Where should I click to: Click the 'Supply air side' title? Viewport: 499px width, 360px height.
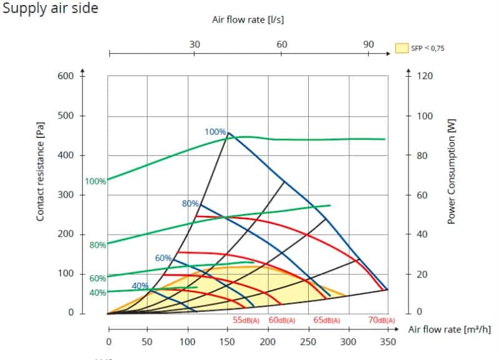tap(50, 9)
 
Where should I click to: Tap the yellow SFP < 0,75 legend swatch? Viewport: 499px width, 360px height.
tap(401, 47)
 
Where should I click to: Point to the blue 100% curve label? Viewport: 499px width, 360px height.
tap(215, 132)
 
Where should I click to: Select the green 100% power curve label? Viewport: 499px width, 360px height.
tap(95, 182)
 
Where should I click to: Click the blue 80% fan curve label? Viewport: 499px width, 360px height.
tap(190, 203)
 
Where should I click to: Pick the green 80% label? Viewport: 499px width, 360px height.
tap(98, 245)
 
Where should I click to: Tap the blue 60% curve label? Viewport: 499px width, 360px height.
tap(163, 258)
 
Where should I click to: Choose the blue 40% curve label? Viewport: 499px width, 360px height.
tap(140, 286)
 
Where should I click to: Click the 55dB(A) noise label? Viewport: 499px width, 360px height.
tap(246, 320)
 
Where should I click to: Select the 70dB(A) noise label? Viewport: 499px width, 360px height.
tap(382, 320)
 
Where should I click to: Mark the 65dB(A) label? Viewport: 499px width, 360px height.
tap(327, 320)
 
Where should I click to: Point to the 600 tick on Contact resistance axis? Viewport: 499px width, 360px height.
tap(65, 76)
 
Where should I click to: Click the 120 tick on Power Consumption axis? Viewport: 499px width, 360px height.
tap(424, 76)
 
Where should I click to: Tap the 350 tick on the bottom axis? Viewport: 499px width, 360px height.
tap(388, 342)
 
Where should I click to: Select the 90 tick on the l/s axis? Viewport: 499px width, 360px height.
tap(368, 44)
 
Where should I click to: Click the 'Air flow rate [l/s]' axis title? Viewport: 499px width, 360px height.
tap(249, 19)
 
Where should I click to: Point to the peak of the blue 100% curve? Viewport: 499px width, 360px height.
tap(228, 132)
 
